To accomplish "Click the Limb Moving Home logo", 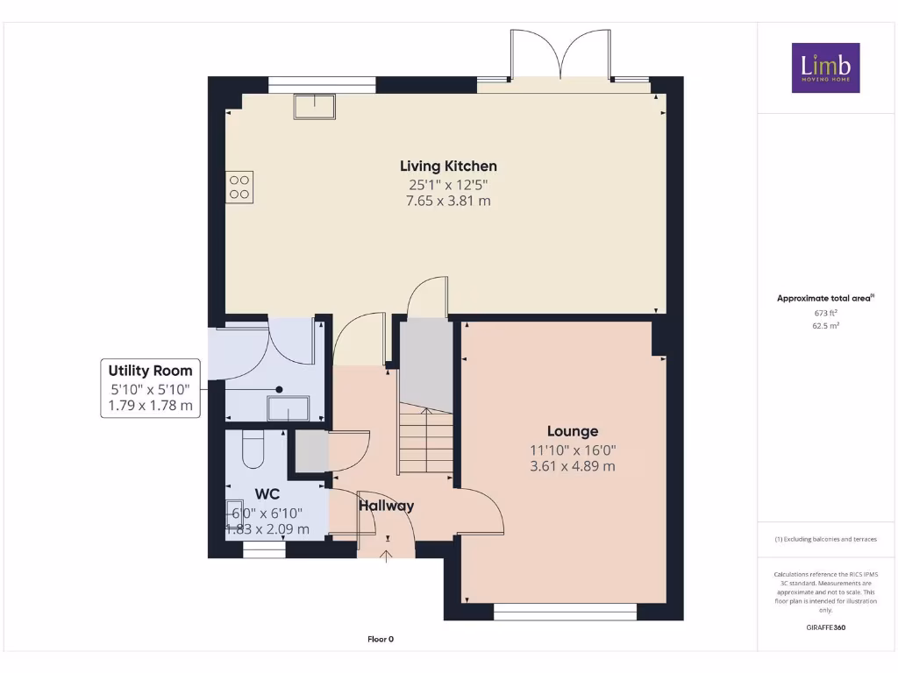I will tap(825, 67).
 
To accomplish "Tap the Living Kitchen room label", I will tap(448, 166).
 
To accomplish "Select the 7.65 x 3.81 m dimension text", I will tap(448, 201).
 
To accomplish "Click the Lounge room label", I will tap(573, 431).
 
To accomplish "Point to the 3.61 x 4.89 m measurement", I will tap(573, 466).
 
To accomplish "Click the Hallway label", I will tap(386, 506).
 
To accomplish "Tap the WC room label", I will tap(267, 494).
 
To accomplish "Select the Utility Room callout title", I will tap(150, 371).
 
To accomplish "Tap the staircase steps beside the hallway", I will tap(424, 443).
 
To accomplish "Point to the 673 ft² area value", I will tap(825, 312).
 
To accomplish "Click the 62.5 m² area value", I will tap(825, 325).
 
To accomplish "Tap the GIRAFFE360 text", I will tap(825, 627).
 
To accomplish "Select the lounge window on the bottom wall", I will tap(565, 612).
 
